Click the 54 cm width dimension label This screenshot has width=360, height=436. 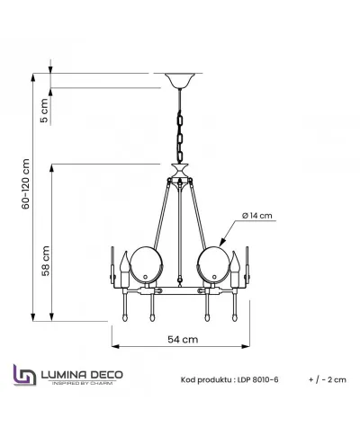[x=183, y=339]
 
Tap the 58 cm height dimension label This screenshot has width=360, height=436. [x=45, y=261]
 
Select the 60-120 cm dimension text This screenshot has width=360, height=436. [x=26, y=183]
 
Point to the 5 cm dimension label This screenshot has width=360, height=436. [x=44, y=111]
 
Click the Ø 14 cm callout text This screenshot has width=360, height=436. [x=257, y=216]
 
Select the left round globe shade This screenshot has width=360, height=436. [x=147, y=265]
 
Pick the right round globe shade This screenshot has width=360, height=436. [x=213, y=265]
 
